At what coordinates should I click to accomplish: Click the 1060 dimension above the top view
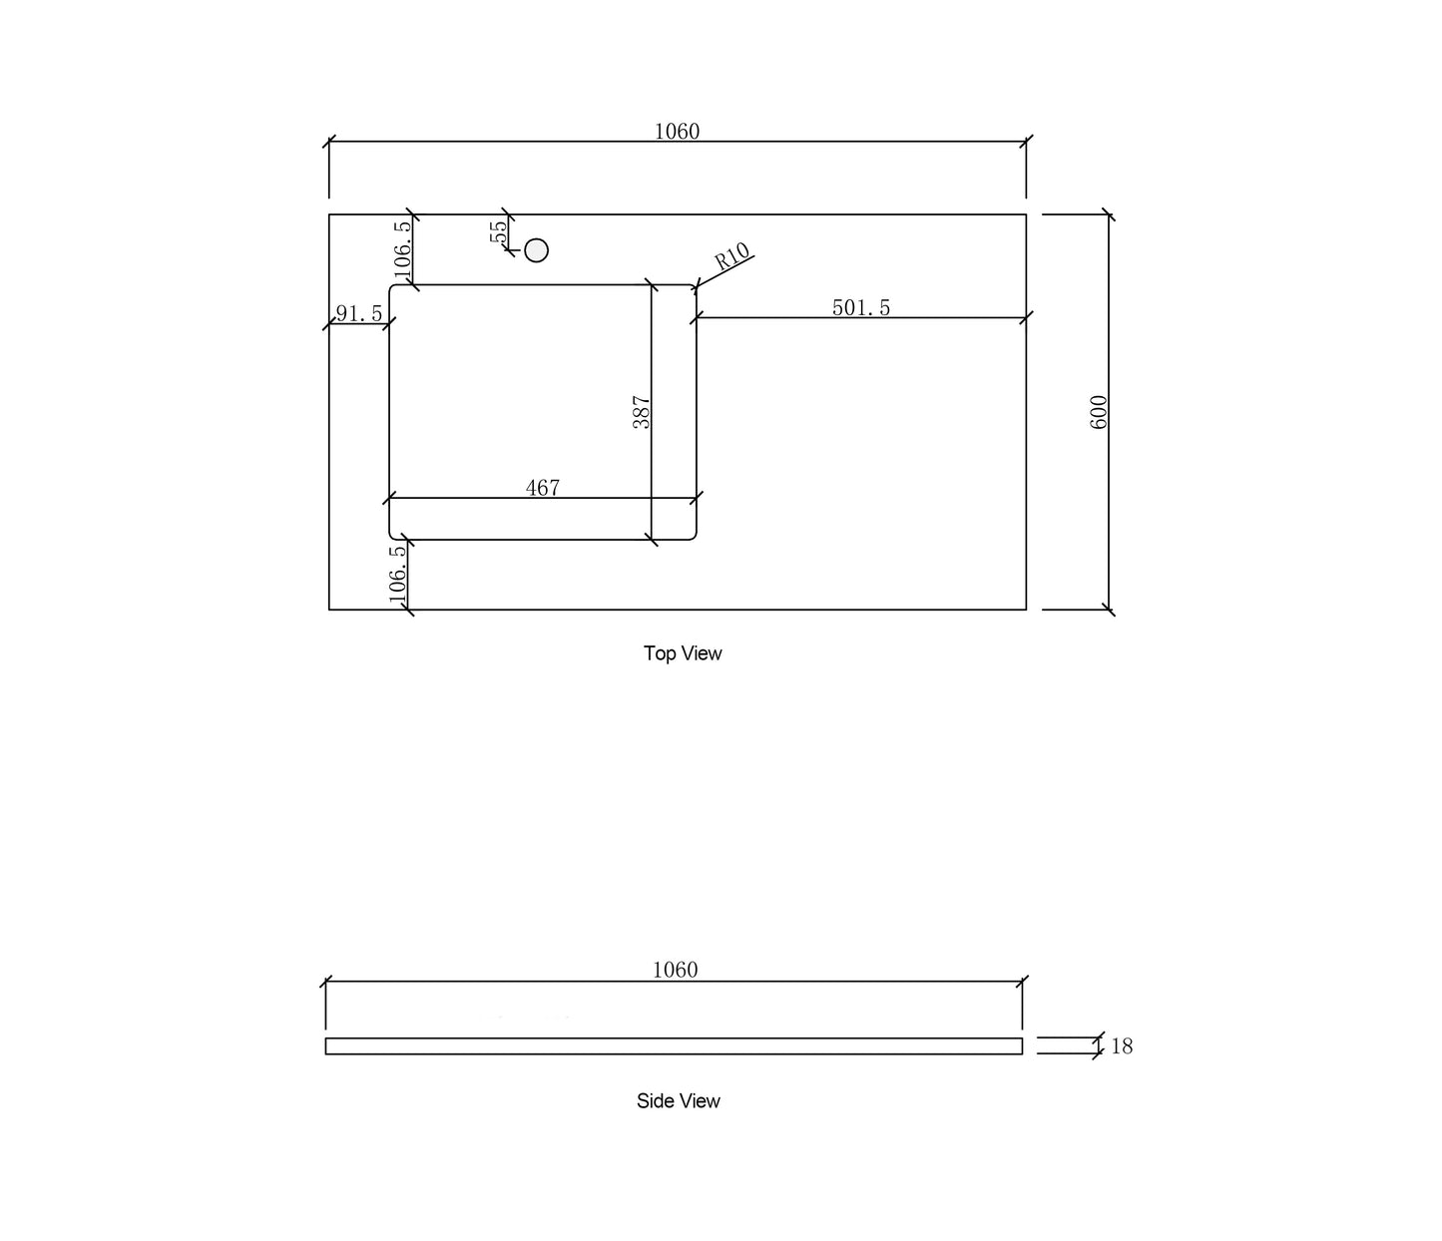coord(677,131)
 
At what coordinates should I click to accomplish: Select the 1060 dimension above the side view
coord(675,970)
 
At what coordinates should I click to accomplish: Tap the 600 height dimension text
coord(1098,412)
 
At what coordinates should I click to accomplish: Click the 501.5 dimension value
coord(861,307)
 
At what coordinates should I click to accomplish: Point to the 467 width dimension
coord(543,488)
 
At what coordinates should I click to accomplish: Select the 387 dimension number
coord(641,412)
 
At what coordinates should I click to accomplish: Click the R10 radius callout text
coord(731,255)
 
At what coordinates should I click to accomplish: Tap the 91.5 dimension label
coord(359,314)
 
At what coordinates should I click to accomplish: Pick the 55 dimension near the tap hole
coord(498,231)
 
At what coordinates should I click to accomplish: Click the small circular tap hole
coord(536,250)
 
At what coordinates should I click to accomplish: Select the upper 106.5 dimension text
coord(402,249)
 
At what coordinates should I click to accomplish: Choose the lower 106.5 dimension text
coord(397,574)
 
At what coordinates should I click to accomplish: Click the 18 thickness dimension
coord(1122,1045)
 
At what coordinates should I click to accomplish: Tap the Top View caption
coord(683,653)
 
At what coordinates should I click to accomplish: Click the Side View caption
coord(679,1100)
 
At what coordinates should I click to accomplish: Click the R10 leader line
coord(724,271)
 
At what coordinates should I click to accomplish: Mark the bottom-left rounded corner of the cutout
coord(391,537)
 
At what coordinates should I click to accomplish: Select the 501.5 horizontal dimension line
coord(861,318)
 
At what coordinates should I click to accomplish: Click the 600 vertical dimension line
coord(1109,412)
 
